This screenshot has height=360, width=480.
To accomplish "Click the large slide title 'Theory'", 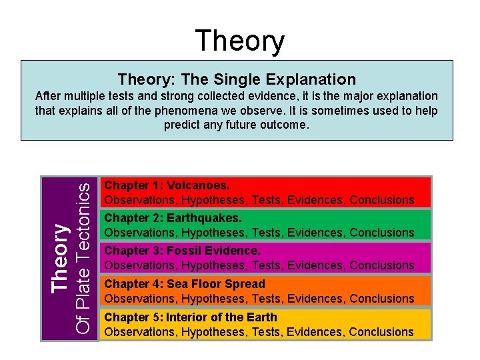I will pyautogui.click(x=239, y=41).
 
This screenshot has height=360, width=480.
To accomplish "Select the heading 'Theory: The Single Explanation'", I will pyautogui.click(x=237, y=79).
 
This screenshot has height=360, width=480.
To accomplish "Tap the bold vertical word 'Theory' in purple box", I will pyautogui.click(x=61, y=257).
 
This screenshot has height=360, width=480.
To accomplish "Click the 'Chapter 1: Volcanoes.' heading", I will pyautogui.click(x=167, y=185).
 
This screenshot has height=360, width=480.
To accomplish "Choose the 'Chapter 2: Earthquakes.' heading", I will pyautogui.click(x=173, y=218).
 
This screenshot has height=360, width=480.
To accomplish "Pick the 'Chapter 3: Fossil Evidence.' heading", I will pyautogui.click(x=183, y=251).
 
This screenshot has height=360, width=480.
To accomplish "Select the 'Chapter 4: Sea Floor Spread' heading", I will pyautogui.click(x=185, y=284).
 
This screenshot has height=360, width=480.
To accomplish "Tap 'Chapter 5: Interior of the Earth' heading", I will pyautogui.click(x=191, y=317).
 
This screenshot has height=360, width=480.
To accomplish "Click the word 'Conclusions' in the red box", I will pyautogui.click(x=382, y=200).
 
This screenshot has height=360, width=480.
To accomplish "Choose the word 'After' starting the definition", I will pyautogui.click(x=48, y=97).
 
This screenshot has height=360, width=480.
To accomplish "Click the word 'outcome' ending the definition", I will pyautogui.click(x=285, y=125).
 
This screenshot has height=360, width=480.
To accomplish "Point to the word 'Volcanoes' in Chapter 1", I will pyautogui.click(x=198, y=185).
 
